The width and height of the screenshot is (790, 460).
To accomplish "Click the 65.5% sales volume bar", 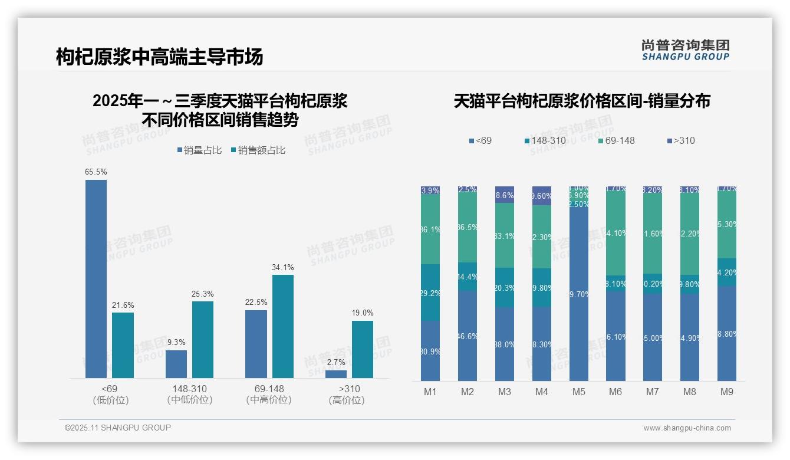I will (x=96, y=278).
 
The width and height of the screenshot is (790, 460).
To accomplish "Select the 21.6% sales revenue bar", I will (x=123, y=345).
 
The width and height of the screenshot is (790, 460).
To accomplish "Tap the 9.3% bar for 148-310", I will (x=176, y=364).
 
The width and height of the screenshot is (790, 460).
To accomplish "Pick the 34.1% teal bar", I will (x=282, y=326).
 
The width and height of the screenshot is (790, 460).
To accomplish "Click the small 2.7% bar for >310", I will (x=336, y=374).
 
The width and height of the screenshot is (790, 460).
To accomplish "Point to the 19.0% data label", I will (x=363, y=313).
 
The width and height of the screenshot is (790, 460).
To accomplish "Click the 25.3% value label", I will (x=203, y=294).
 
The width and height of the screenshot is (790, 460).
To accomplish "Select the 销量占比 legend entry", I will (x=199, y=150).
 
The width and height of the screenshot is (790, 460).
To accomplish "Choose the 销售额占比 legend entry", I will (x=258, y=150).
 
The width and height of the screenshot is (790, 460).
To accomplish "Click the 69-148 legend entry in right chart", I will (x=615, y=141).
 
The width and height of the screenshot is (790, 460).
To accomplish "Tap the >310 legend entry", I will (x=681, y=141).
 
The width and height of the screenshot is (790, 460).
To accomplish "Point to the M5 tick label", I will (x=578, y=392).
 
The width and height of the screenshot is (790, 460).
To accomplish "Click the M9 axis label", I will (x=726, y=392).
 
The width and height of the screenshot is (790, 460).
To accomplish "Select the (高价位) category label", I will (x=347, y=400).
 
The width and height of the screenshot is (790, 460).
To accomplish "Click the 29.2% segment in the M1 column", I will (x=430, y=293).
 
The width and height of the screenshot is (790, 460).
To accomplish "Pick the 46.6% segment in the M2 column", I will (x=468, y=336).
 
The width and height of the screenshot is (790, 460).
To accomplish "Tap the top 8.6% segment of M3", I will (x=505, y=195).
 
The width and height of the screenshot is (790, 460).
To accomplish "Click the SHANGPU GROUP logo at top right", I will (x=685, y=50).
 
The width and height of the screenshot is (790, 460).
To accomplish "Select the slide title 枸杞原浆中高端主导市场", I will (x=160, y=57).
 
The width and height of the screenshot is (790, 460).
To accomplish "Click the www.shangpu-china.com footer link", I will (x=687, y=428).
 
